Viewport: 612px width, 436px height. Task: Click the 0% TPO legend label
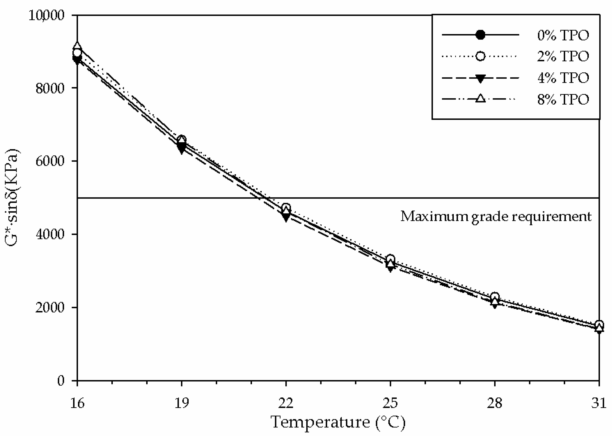coord(563,35)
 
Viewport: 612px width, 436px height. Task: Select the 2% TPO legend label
coord(563,56)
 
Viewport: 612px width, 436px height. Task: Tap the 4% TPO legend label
coord(563,78)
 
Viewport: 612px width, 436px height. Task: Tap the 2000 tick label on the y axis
coord(50,308)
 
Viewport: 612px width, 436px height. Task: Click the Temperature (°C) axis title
coord(338,422)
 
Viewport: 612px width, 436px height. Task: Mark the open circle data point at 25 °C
coord(390,259)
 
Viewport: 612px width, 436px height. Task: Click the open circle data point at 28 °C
coord(495,297)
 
